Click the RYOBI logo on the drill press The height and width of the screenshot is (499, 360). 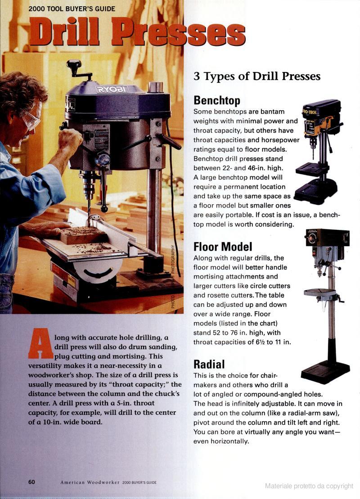coord(112,90)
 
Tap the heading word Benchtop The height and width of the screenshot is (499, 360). coord(217,100)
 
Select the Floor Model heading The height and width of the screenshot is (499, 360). coord(223,247)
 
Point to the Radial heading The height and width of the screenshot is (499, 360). coord(209,364)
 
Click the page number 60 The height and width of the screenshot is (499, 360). coord(31,482)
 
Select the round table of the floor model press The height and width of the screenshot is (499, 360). coord(320,292)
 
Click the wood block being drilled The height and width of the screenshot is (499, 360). coord(83,235)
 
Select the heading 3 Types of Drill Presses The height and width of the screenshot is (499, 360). coord(257,76)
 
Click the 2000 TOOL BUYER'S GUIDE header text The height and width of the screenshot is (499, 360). coord(72,9)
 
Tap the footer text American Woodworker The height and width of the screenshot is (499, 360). coord(90,482)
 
